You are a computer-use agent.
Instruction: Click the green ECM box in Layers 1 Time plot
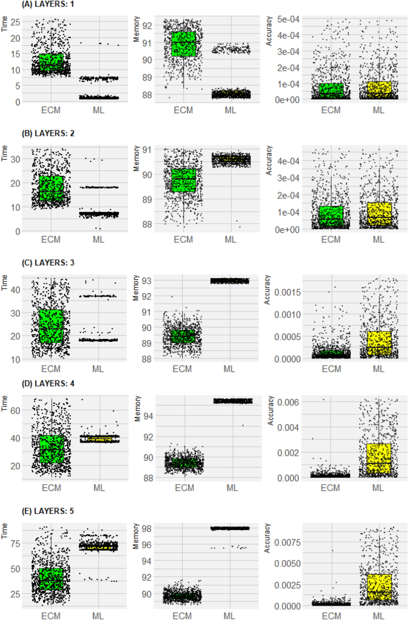51,63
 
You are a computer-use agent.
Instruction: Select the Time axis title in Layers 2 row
7,157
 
